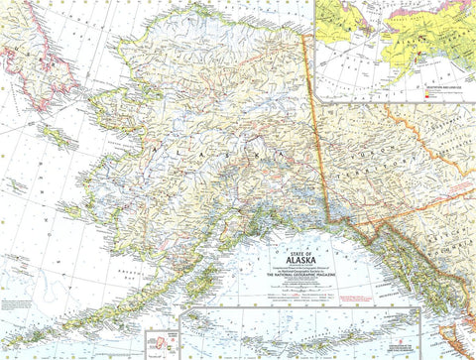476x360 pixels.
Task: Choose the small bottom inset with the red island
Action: click(159, 343)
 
